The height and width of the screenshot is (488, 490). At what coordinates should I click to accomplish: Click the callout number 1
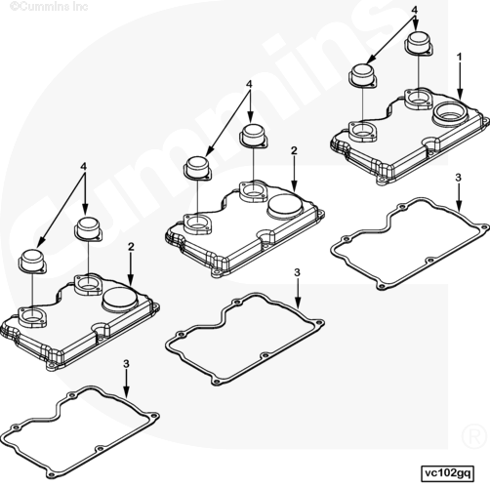[x=459, y=58]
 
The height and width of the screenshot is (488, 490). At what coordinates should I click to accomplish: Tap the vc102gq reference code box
[x=447, y=473]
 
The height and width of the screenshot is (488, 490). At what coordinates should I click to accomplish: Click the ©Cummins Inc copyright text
[x=49, y=6]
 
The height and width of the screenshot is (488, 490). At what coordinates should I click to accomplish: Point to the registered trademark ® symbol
[x=474, y=437]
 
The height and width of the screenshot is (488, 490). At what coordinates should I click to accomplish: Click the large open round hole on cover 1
[x=451, y=113]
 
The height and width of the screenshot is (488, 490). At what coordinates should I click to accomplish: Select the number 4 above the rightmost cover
[x=414, y=10]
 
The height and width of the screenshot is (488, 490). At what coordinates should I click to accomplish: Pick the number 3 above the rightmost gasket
[x=458, y=178]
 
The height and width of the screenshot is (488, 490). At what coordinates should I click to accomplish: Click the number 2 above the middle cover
[x=294, y=150]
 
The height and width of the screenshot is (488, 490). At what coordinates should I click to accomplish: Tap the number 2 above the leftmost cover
[x=131, y=247]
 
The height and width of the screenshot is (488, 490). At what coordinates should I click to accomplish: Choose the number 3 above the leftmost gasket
[x=126, y=364]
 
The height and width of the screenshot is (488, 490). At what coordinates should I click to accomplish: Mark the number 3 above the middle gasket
[x=297, y=272]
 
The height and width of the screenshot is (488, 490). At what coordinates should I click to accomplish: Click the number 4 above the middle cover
[x=249, y=84]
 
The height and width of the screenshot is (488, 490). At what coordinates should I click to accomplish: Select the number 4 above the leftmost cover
[x=84, y=167]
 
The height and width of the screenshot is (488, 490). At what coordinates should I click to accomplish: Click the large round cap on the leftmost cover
[x=120, y=299]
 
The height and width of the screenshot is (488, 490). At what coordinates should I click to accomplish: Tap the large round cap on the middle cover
[x=285, y=207]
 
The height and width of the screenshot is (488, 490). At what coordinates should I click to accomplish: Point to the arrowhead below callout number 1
[x=460, y=95]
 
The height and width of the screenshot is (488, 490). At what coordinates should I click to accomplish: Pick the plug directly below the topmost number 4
[x=419, y=42]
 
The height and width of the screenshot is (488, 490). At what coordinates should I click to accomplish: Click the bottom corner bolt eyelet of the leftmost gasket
[x=50, y=475]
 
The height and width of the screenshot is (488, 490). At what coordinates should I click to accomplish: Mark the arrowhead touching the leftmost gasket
[x=126, y=392]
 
